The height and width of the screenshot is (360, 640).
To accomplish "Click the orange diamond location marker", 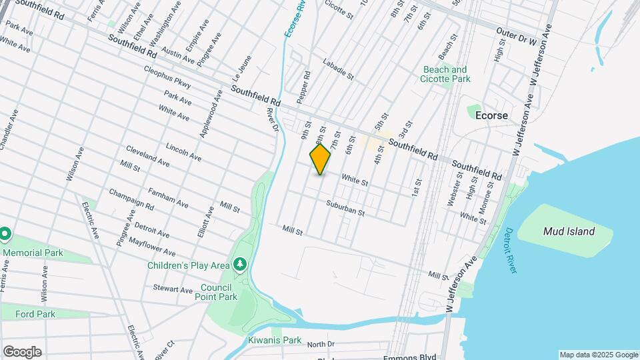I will [x=320, y=159].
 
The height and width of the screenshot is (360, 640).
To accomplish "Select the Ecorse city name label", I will [x=491, y=115].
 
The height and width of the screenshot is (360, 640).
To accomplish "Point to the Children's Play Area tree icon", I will [x=239, y=265].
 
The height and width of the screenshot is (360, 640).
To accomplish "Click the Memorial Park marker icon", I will [x=5, y=234].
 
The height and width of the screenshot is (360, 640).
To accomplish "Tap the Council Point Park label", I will [x=215, y=292].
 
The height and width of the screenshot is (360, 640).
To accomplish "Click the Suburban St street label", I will [x=345, y=209].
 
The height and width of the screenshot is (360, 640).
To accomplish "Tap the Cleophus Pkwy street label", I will [x=167, y=77].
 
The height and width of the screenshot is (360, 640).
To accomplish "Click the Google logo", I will [x=22, y=351].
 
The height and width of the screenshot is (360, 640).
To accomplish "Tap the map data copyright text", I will [x=598, y=355].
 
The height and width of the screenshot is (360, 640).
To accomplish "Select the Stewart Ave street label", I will [x=172, y=289].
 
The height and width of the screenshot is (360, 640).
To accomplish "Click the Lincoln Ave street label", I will [x=183, y=151].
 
